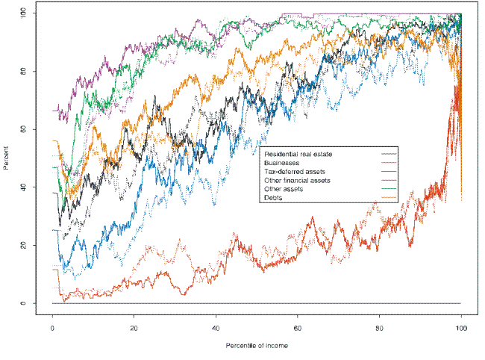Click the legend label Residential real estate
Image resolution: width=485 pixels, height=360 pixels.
coord(298,153)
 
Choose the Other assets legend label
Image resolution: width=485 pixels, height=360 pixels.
coord(283,188)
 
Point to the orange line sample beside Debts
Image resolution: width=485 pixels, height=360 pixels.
coord(388,197)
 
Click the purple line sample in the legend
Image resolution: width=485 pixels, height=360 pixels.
coord(388,180)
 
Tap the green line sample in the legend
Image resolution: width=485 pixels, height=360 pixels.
coord(388,188)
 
